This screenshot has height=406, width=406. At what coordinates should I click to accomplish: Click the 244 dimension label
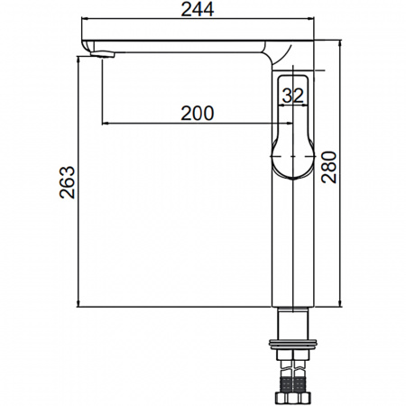pos(198,9)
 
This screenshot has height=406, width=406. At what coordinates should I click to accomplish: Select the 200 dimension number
pos(198,113)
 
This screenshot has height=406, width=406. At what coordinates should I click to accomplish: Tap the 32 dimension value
pos(293,96)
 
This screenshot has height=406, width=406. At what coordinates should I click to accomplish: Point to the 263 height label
pos(67,182)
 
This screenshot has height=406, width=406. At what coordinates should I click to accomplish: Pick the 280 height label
pos(328,167)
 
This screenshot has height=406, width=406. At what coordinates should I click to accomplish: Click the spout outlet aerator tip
pos(103,54)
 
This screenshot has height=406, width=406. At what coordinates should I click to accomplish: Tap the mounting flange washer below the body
pos(293,345)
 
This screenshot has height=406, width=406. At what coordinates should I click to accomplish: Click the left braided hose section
pos(286,383)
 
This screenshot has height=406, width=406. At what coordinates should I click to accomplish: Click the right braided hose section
pos(300,383)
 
